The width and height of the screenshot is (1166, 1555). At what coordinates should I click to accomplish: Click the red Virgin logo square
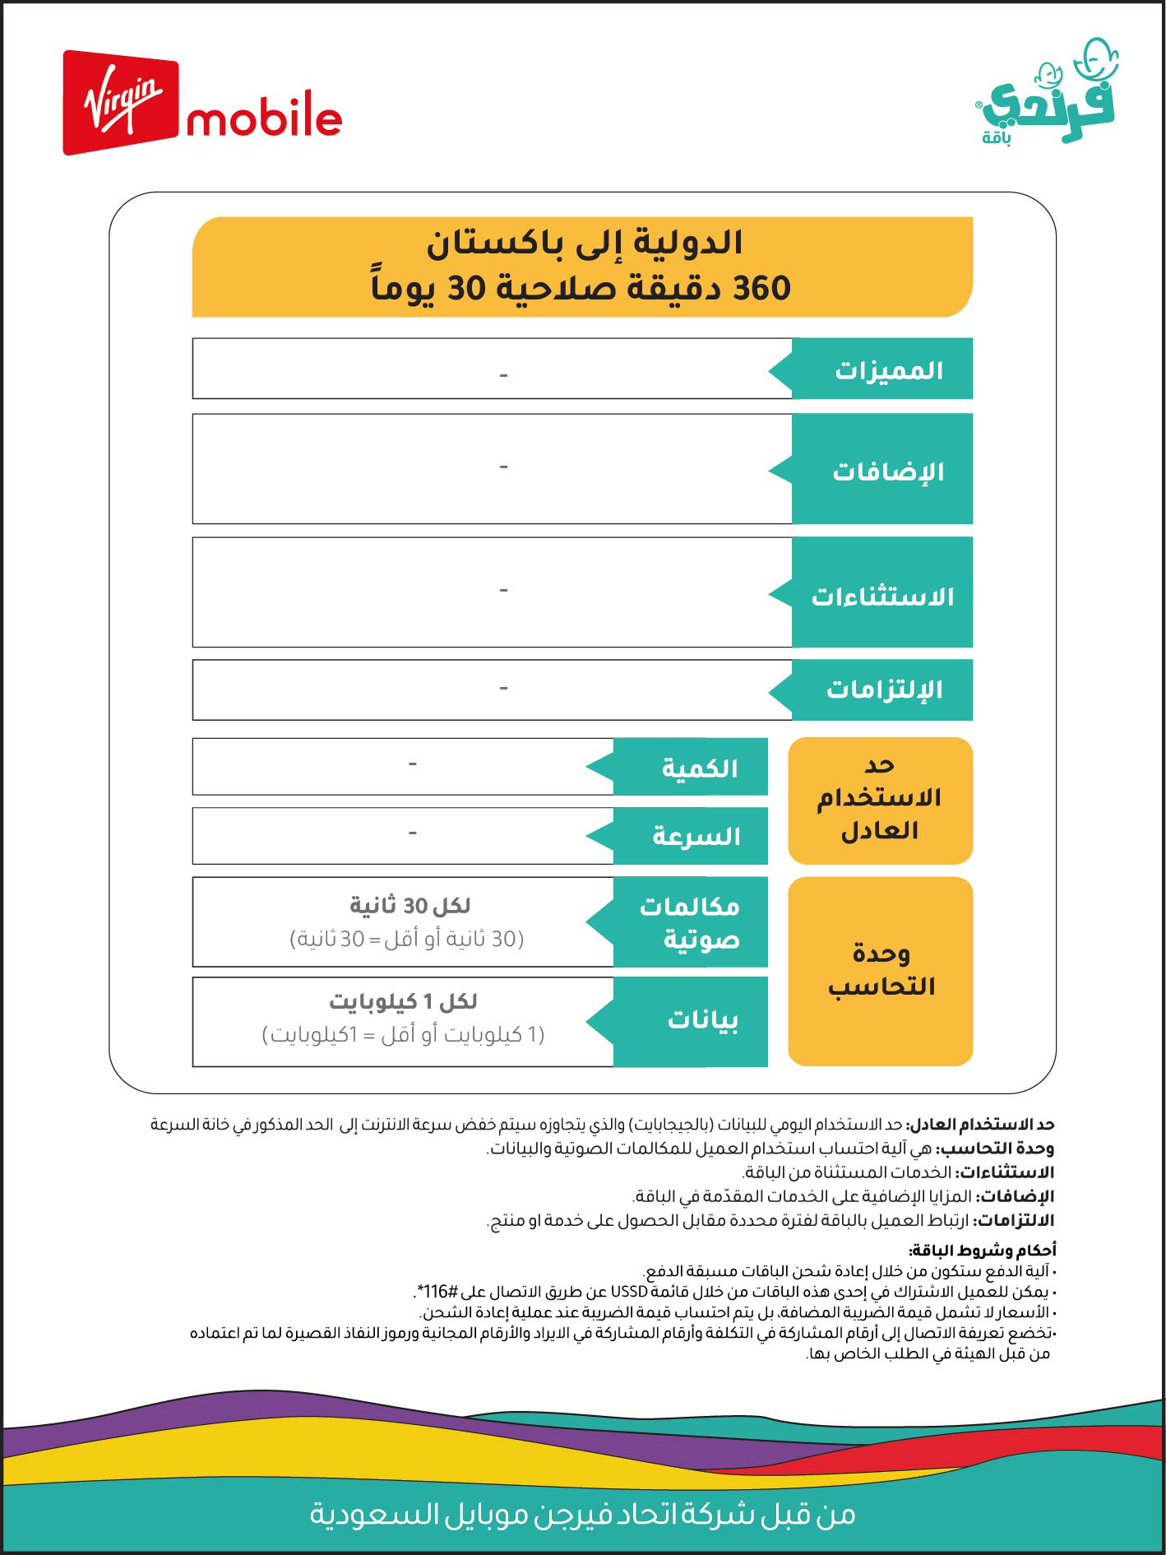point(120,103)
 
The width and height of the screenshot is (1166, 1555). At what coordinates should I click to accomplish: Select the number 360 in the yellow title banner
point(761,289)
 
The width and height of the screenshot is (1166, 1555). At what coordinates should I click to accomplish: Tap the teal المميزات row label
point(888,370)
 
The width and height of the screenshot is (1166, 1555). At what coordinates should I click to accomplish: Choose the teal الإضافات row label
point(888,471)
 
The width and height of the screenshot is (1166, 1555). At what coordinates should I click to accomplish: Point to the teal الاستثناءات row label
point(882,596)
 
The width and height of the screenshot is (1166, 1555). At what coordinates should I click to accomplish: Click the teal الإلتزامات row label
point(884,689)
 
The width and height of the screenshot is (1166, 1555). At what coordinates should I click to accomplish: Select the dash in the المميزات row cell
point(503,375)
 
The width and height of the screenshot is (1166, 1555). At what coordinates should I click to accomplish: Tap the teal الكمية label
point(700,768)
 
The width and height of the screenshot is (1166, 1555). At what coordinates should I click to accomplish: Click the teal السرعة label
point(696,837)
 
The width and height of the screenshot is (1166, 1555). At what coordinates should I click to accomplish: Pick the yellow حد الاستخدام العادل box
point(880,800)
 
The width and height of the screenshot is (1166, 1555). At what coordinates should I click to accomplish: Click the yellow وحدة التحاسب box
point(880,971)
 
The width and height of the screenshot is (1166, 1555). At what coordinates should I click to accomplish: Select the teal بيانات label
point(702,1020)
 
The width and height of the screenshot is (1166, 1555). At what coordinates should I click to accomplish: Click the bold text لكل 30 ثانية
point(409,906)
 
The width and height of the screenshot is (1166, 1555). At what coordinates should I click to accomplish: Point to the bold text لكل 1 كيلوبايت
point(403,1001)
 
